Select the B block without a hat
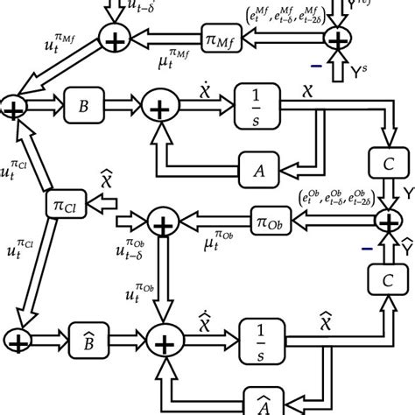84,108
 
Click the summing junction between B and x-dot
160,109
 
